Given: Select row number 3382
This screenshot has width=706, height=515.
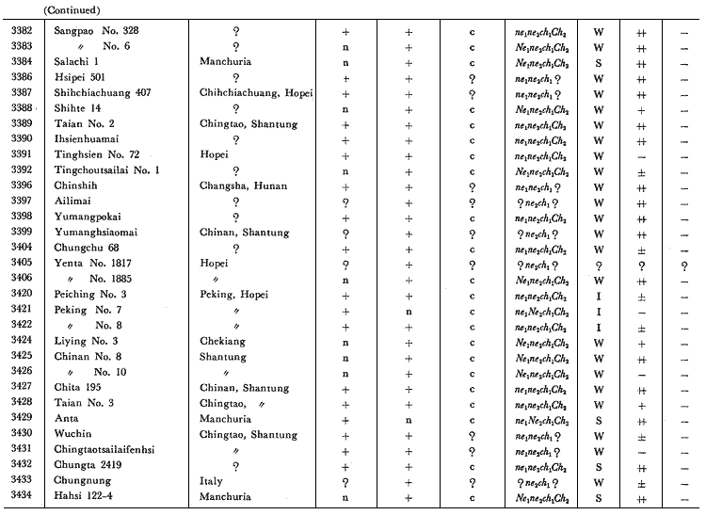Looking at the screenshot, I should coord(20,31).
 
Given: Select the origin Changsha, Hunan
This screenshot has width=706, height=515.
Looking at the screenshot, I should coord(244,186).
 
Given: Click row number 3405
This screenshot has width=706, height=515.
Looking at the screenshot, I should coord(20,264).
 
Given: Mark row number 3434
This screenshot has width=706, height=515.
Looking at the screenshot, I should coord(20,495).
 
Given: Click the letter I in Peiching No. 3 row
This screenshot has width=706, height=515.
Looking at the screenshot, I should coord(599,295).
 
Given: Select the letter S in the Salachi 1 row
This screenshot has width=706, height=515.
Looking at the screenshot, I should coord(599,62).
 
